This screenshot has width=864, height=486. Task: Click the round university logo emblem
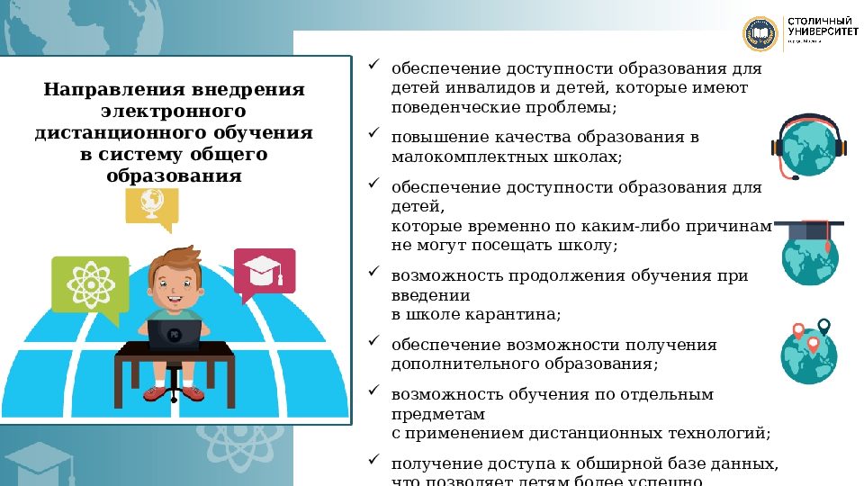[760, 33]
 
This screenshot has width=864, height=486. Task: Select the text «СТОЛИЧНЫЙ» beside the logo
[820, 21]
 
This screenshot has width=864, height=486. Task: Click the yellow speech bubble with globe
[151, 204]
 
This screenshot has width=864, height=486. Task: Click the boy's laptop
[175, 334]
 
